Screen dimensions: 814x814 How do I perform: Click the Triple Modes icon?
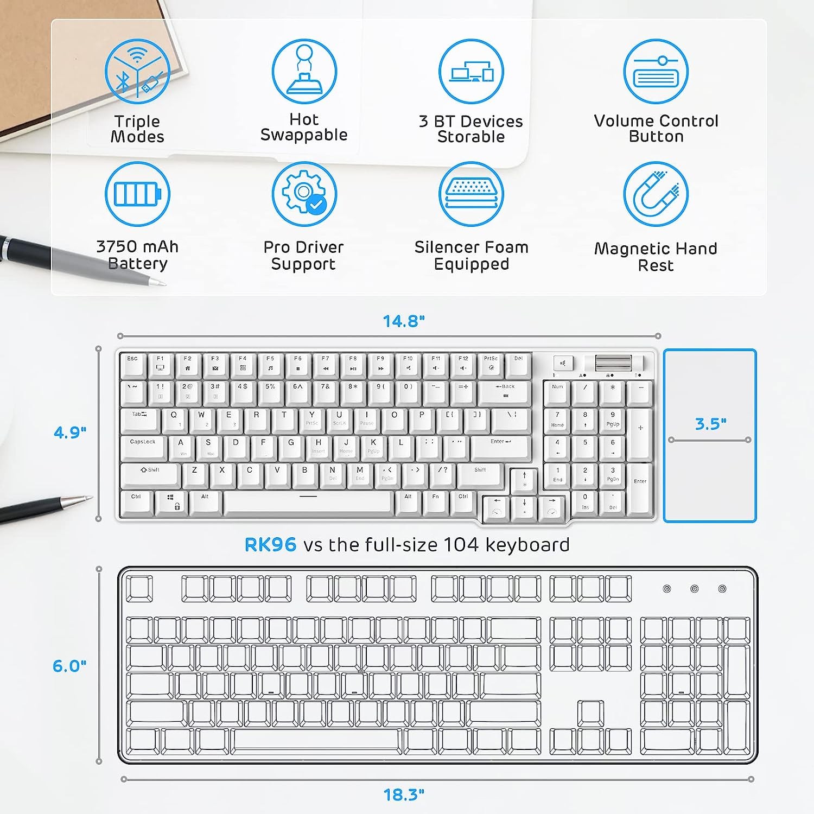click(137, 71)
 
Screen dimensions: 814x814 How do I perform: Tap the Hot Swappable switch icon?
click(304, 71)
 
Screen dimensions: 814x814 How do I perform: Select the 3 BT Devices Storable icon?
click(471, 71)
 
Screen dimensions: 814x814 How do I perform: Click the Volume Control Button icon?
click(656, 71)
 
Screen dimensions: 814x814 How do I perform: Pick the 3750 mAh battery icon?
click(137, 194)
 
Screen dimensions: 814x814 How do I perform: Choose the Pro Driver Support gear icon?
click(304, 194)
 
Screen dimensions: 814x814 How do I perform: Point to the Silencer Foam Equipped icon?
click(471, 194)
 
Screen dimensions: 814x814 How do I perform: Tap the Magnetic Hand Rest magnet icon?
click(656, 194)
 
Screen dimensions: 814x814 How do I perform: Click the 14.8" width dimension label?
click(404, 321)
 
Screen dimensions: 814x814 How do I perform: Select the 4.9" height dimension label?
click(70, 433)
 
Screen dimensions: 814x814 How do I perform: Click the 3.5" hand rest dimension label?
click(710, 423)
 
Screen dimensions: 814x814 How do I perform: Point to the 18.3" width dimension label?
click(404, 795)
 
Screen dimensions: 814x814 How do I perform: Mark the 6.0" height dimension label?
click(69, 666)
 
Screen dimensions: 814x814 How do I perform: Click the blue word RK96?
click(270, 544)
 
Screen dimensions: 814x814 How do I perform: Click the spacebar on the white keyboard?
click(308, 503)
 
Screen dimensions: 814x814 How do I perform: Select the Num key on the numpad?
click(557, 392)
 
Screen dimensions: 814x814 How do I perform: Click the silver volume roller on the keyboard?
click(613, 363)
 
